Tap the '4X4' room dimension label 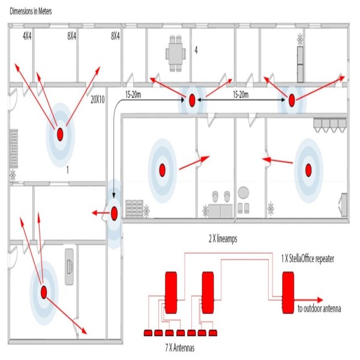pyautogui.click(x=27, y=36)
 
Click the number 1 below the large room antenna pyautogui.click(x=68, y=170)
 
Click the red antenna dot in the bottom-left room pyautogui.click(x=43, y=292)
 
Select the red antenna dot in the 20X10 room pyautogui.click(x=61, y=135)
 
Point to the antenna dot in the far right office pyautogui.click(x=309, y=171)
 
